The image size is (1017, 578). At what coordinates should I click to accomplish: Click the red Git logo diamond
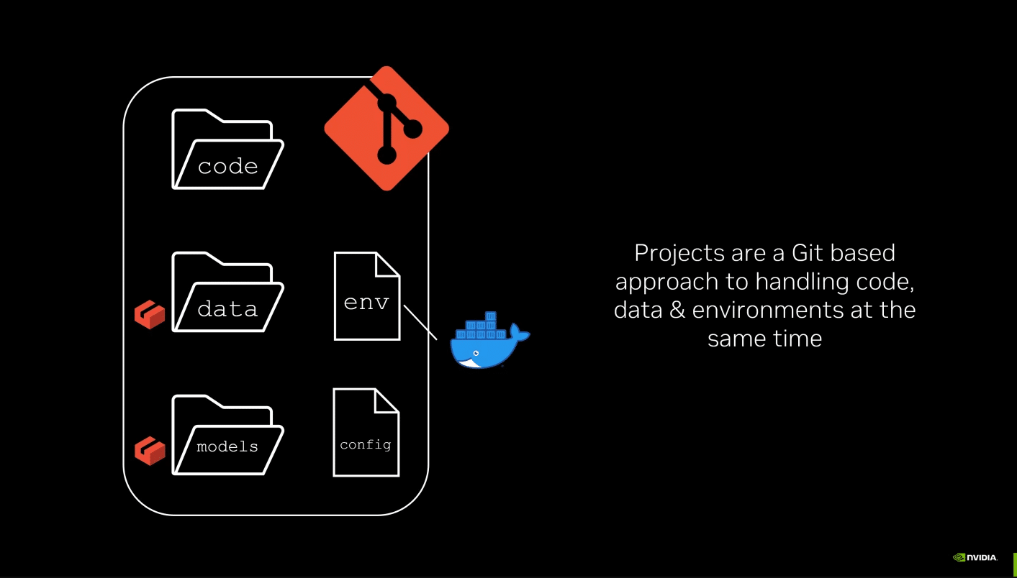pos(387,129)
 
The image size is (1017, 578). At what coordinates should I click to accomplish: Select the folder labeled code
pos(227,150)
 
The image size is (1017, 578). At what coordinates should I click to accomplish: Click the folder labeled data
pos(227,293)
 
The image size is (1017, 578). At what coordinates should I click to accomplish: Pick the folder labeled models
pos(227,436)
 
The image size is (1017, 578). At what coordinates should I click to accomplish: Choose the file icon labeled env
pos(366,296)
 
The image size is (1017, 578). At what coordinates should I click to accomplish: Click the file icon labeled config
pos(366,433)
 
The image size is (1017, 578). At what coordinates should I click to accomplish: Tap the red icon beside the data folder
pos(150,315)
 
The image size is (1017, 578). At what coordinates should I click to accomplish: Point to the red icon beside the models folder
pos(150,451)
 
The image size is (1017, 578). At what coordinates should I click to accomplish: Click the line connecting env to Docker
pos(420,321)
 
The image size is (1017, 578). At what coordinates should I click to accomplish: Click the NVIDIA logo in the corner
pos(975,557)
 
